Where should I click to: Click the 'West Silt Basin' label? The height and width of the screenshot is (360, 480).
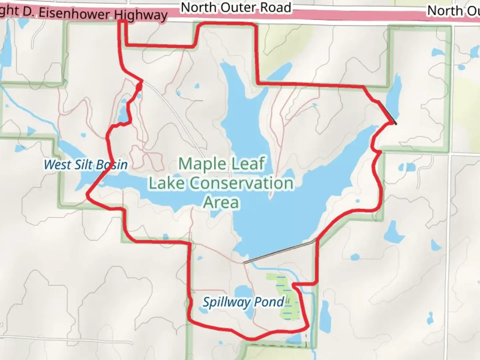tap(86, 164)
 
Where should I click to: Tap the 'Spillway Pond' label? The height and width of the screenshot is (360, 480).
tap(244, 302)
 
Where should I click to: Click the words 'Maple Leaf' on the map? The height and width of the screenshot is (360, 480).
tap(222, 164)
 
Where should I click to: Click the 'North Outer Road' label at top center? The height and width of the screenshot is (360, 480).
tap(236, 7)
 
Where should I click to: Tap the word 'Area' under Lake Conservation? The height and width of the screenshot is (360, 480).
tap(221, 202)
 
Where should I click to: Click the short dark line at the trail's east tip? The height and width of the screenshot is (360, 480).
tap(388, 112)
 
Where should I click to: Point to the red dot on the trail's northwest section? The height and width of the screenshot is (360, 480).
tap(139, 87)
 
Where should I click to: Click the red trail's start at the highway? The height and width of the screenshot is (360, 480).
tap(122, 22)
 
